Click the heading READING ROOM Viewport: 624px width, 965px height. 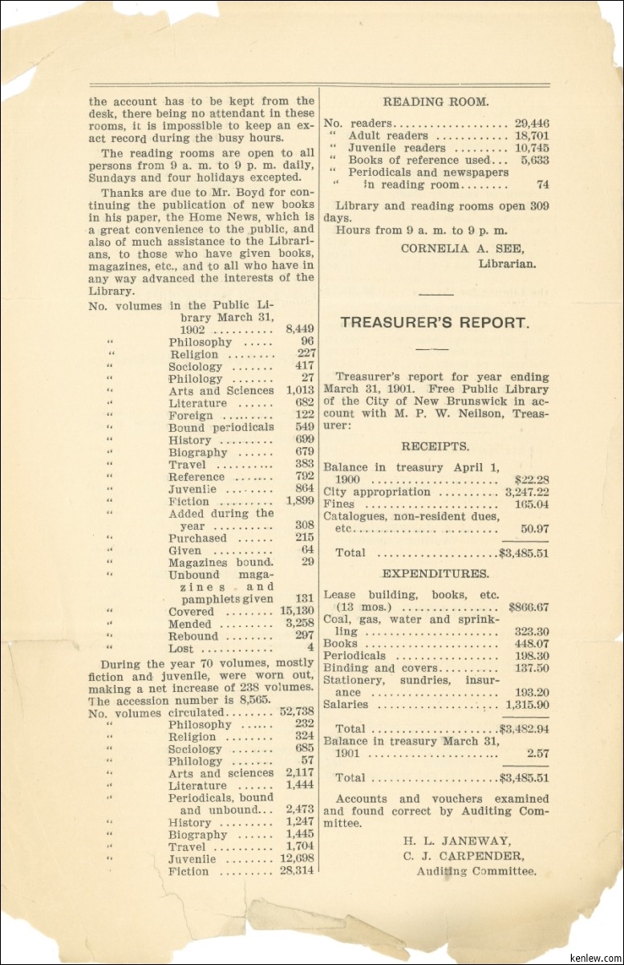click(436, 102)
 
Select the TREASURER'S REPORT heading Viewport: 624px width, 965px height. click(435, 323)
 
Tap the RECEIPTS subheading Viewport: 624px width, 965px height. click(436, 446)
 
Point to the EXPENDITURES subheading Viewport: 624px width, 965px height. click(436, 574)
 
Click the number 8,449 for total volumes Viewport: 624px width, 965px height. click(300, 329)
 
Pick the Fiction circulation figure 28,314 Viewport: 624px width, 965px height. click(297, 871)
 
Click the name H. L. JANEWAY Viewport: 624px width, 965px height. click(456, 841)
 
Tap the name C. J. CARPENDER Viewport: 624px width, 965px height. click(464, 856)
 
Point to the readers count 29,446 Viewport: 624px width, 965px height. click(532, 124)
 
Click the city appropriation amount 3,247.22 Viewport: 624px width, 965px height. click(527, 492)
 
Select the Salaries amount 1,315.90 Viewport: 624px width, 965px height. click(527, 705)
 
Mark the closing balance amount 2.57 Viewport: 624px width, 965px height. click(537, 754)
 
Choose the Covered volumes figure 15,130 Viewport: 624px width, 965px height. click(297, 612)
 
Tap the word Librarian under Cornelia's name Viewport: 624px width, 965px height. click(507, 263)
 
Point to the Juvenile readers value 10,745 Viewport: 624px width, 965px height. click(532, 148)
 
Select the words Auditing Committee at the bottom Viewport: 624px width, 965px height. click(476, 871)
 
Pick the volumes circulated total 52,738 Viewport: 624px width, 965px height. click(297, 712)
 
